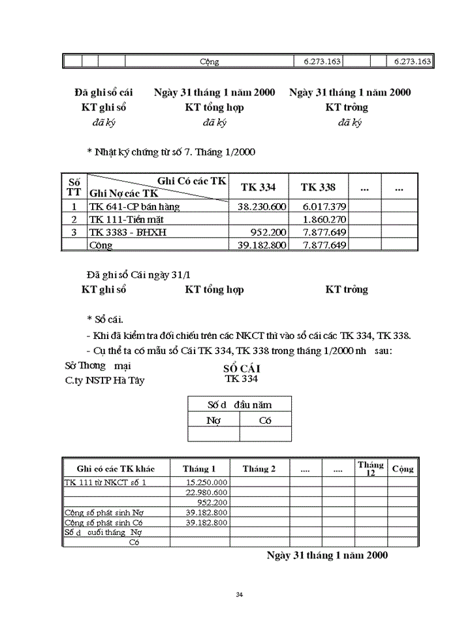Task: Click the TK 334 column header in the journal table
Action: click(258, 187)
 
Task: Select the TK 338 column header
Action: click(318, 187)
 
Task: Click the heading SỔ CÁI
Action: click(242, 368)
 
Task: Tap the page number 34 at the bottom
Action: click(239, 594)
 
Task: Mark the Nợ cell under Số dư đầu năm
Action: click(213, 421)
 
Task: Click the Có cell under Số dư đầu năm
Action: click(265, 421)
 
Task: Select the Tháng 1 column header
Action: click(199, 469)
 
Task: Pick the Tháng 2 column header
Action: click(259, 469)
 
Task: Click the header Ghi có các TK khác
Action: click(116, 469)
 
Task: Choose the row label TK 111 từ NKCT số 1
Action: click(105, 482)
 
